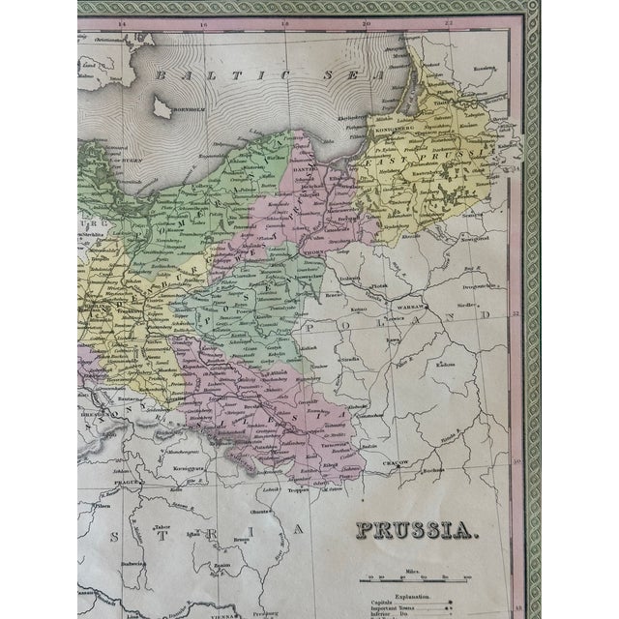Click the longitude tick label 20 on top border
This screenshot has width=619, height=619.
366,21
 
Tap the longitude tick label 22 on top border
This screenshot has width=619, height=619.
451,21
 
